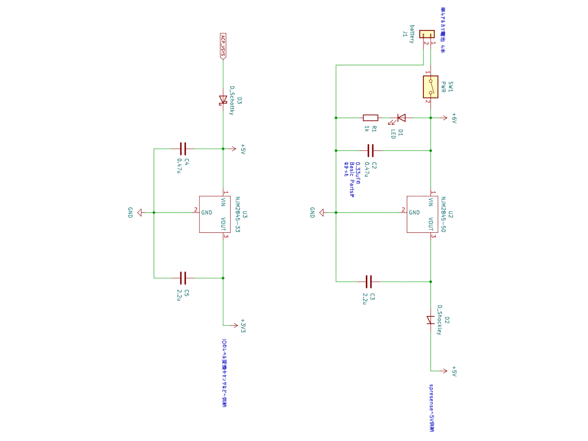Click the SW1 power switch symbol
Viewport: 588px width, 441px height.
coord(430,87)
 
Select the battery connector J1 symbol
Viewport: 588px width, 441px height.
coord(427,34)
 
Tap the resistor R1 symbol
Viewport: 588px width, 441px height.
coord(370,118)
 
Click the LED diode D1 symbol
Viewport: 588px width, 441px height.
coord(401,118)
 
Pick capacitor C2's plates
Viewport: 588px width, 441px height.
coord(370,150)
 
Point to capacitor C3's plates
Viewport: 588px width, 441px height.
coord(369,282)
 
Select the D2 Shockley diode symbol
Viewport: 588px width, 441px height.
coord(431,320)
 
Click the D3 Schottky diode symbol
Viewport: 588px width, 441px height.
coord(223,100)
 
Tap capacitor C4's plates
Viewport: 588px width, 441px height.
coord(183,149)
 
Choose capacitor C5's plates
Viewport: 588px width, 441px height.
coord(183,278)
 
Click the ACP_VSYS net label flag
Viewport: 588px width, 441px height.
coord(223,46)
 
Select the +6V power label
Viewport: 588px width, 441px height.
coord(454,118)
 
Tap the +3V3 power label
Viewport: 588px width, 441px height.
coord(243,326)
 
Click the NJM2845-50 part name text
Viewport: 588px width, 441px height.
coord(443,214)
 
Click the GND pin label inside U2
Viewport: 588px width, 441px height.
coord(414,212)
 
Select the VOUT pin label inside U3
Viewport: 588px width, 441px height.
coord(223,224)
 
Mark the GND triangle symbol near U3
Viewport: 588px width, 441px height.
coord(139,212)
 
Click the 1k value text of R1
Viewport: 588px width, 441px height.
coord(367,129)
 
